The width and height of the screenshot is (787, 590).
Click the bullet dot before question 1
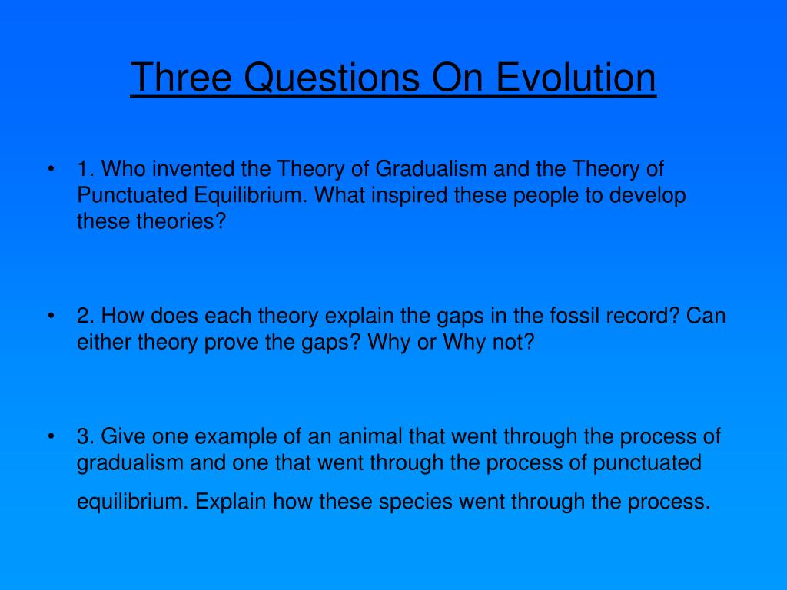point(50,169)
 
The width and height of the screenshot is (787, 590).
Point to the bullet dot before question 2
point(50,317)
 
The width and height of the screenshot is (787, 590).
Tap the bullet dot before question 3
point(50,437)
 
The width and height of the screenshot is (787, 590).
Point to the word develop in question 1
point(648,195)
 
